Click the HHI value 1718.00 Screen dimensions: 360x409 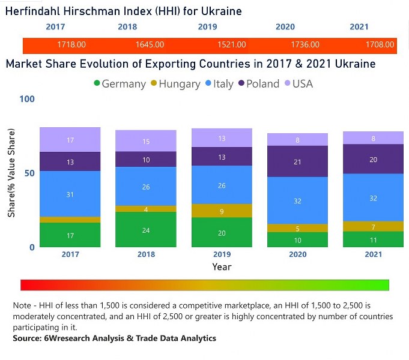click(x=71, y=45)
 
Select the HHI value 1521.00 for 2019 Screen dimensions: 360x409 click(x=231, y=45)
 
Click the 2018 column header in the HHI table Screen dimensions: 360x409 click(x=127, y=27)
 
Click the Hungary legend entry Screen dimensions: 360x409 click(x=175, y=84)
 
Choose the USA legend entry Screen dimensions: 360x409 click(x=298, y=84)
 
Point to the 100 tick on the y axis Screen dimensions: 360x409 click(x=28, y=99)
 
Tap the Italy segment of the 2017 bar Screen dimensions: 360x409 click(x=70, y=194)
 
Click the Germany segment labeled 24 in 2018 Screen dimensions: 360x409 click(x=146, y=230)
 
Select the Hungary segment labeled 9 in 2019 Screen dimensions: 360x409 click(x=222, y=211)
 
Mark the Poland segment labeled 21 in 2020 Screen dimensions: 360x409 click(x=297, y=161)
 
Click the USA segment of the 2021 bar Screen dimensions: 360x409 click(x=373, y=138)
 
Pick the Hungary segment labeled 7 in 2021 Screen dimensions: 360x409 click(x=373, y=227)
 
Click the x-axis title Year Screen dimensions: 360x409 click(x=222, y=267)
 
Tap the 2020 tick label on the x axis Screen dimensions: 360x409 click(x=297, y=254)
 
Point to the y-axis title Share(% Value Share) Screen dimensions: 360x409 click(x=11, y=173)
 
